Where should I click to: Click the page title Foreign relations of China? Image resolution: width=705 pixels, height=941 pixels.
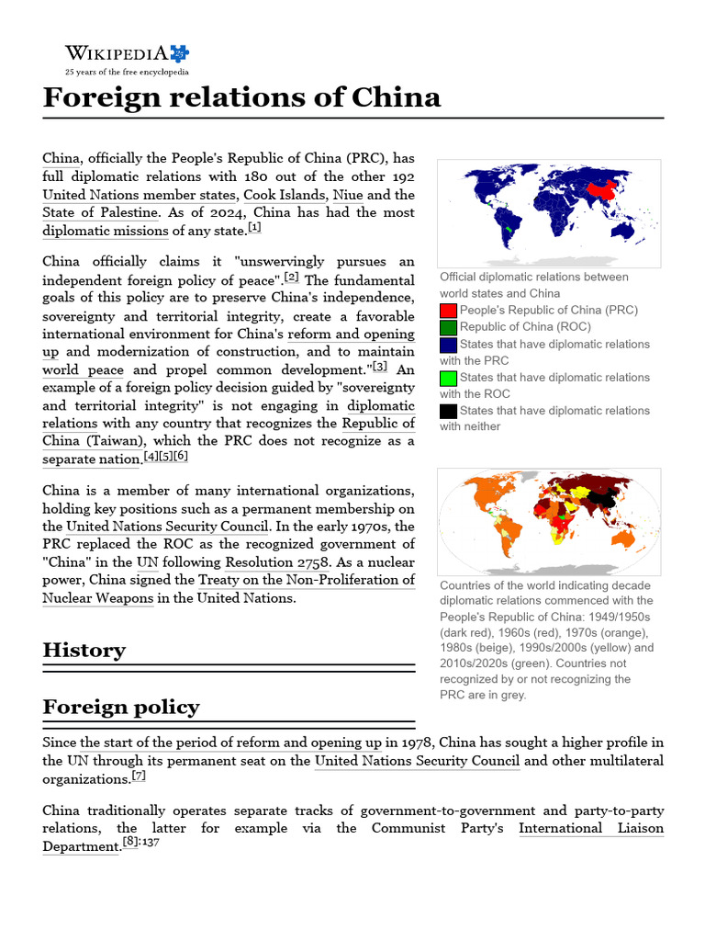click(x=241, y=96)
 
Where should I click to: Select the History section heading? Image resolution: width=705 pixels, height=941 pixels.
click(x=84, y=650)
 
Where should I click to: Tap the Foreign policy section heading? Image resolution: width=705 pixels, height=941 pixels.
click(x=120, y=707)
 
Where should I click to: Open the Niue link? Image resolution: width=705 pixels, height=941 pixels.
click(x=348, y=195)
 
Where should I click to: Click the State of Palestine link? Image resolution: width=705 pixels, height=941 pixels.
click(x=101, y=212)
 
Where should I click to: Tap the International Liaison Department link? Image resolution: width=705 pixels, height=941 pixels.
click(x=591, y=829)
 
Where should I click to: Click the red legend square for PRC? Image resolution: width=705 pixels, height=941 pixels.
click(x=449, y=311)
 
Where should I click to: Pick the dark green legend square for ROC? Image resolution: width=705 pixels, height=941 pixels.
click(x=449, y=327)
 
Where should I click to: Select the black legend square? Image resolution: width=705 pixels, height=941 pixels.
click(x=449, y=411)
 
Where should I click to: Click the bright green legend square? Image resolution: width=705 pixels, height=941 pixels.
click(x=449, y=378)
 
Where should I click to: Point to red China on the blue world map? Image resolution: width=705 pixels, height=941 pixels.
click(x=600, y=189)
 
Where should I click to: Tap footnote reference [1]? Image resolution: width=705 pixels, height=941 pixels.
click(x=254, y=228)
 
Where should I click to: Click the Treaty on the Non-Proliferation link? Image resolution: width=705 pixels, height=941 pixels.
click(x=307, y=580)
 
